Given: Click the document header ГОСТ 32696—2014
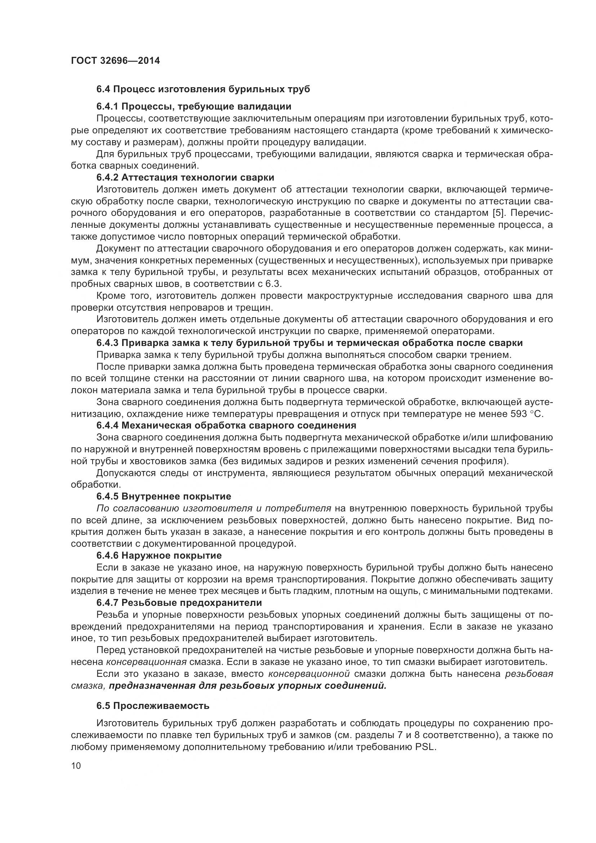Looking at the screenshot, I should coord(115,61).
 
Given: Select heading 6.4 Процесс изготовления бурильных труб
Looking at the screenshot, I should coord(203,89).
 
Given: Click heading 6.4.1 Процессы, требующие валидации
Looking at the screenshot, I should coord(194,107).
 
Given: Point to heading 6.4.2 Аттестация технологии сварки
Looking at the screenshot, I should coord(185,178).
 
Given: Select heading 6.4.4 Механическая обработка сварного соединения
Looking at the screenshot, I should coord(226,426).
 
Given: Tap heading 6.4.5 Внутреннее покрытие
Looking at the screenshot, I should coord(164,497).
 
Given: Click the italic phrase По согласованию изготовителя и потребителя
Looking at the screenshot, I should coord(214,509).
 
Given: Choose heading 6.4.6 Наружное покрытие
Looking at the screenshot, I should coord(159,555).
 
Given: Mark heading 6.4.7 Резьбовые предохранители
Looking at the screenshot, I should coord(179,603).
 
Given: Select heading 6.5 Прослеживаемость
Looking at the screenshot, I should coord(153,706).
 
